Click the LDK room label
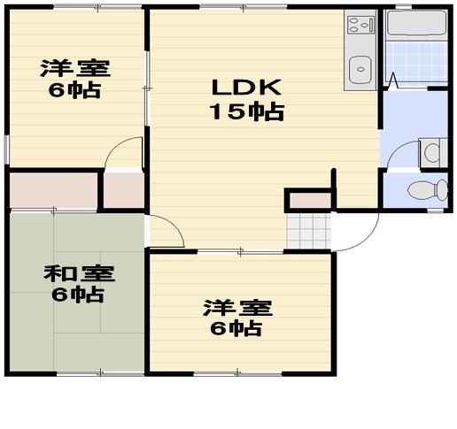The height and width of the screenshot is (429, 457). pyautogui.click(x=245, y=88)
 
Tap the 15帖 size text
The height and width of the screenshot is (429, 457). pyautogui.click(x=246, y=111)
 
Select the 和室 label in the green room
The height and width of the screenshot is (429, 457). pyautogui.click(x=74, y=272)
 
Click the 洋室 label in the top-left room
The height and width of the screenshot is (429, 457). pyautogui.click(x=68, y=68)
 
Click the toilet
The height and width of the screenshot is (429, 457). pyautogui.click(x=429, y=188)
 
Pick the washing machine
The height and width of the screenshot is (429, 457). pyautogui.click(x=431, y=151)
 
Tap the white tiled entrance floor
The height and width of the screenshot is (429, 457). pyautogui.click(x=308, y=230)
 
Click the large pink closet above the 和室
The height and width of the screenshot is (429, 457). pyautogui.click(x=52, y=190)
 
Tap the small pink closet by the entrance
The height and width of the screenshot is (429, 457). pyautogui.click(x=310, y=201)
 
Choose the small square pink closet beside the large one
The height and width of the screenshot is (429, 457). pyautogui.click(x=124, y=189)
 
